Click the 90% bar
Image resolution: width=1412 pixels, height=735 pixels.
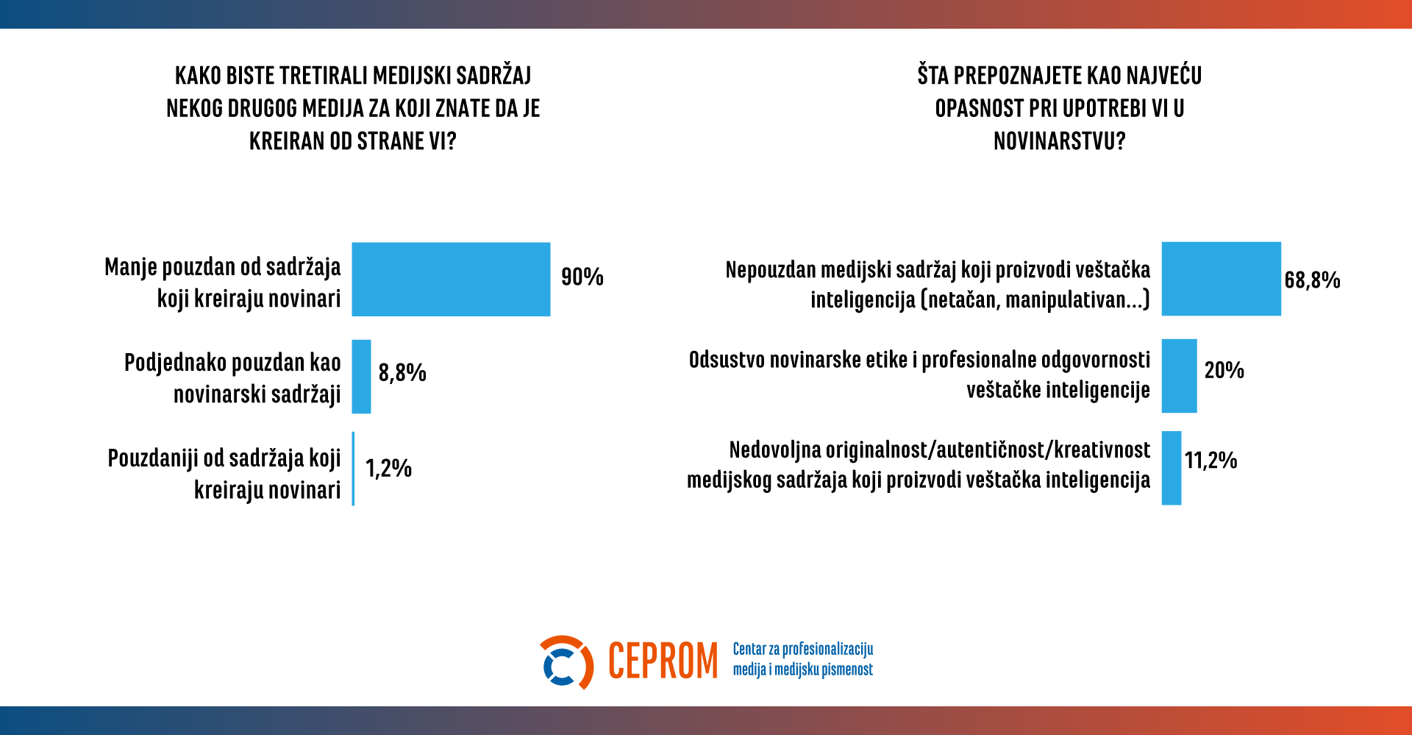[x=451, y=280]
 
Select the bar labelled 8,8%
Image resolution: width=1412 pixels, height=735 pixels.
[x=361, y=376]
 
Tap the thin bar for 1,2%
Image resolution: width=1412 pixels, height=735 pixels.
[x=354, y=469]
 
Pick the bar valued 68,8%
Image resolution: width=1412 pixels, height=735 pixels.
[x=1221, y=279]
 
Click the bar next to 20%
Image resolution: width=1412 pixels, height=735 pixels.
[x=1179, y=375]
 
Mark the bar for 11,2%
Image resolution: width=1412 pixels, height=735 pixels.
[x=1171, y=468]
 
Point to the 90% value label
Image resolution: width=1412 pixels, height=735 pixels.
[x=582, y=277]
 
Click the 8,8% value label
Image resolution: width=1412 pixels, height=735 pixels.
[x=402, y=372]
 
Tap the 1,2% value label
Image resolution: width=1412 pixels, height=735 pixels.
[x=388, y=468]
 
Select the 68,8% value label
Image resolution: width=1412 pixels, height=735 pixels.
[x=1312, y=280]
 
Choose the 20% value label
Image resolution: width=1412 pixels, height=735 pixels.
[x=1224, y=370]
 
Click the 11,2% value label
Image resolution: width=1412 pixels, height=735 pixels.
[x=1210, y=461]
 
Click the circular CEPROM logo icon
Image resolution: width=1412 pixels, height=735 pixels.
[x=566, y=662]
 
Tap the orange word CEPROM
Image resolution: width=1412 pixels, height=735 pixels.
[x=663, y=661]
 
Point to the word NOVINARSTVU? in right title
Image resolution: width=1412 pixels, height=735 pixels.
[x=1059, y=141]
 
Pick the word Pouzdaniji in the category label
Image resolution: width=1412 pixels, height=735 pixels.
[x=153, y=458]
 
